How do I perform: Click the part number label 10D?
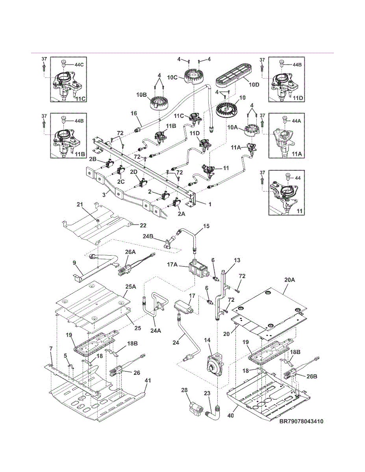point(254,85)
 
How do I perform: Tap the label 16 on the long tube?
point(134,113)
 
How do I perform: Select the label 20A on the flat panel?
point(290,280)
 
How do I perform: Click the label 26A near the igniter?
point(130,252)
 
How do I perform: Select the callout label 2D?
point(134,171)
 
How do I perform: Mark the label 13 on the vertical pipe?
point(237,260)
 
